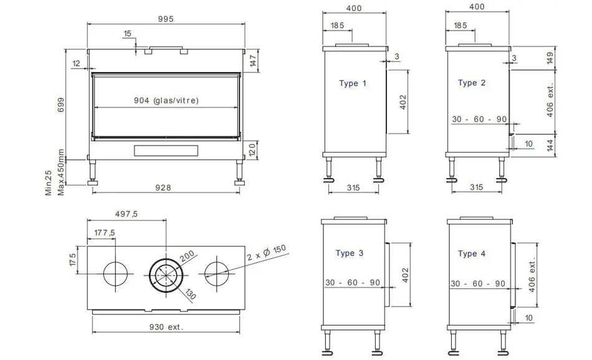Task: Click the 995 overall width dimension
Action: pos(166,19)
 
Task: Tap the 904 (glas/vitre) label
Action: pos(166,100)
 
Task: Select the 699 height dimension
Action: pos(61,105)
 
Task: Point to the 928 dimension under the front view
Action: pos(163,187)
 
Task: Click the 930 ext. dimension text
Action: pos(166,327)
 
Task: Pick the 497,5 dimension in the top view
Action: pos(127,214)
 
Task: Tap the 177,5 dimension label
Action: pos(105,233)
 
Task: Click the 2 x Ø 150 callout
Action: pos(267,253)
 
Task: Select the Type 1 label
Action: pos(353,83)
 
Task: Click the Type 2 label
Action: pos(472,83)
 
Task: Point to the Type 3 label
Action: pos(349,253)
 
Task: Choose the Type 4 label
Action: pos(472,253)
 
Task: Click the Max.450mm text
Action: pos(61,172)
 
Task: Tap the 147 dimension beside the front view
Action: pos(253,61)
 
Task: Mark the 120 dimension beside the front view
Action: pos(252,150)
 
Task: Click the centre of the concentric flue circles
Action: pos(166,275)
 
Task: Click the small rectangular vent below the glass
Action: pos(166,151)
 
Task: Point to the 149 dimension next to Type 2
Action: pos(550,58)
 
